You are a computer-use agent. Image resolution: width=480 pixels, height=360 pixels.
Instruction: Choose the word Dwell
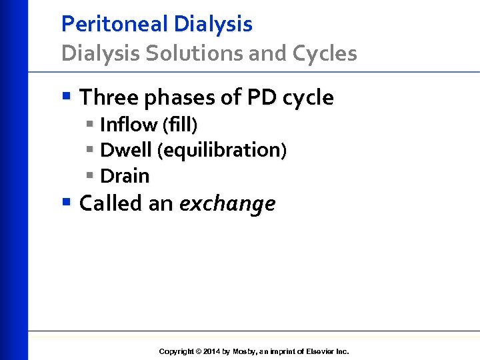126,150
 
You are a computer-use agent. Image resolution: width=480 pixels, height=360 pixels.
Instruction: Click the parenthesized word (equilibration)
222,151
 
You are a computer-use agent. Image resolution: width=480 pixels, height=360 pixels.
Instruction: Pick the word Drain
125,176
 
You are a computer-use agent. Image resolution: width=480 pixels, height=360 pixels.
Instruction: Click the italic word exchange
227,203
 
